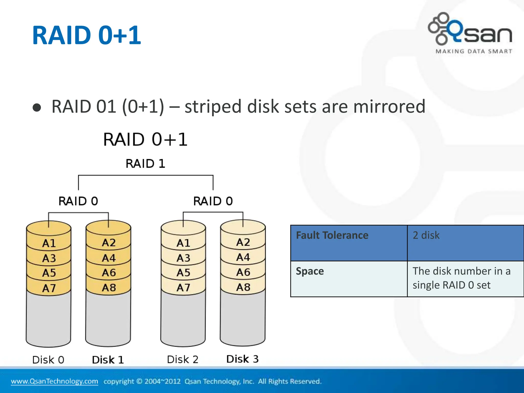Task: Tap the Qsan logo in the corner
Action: pyautogui.click(x=470, y=29)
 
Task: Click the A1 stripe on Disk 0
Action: pyautogui.click(x=49, y=243)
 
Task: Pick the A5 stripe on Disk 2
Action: pyautogui.click(x=183, y=273)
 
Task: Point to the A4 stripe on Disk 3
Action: pyautogui.click(x=243, y=257)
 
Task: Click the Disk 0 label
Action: pyautogui.click(x=48, y=360)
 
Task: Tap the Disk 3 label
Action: pyautogui.click(x=242, y=359)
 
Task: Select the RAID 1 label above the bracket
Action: pyautogui.click(x=145, y=163)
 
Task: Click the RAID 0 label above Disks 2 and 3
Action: pyautogui.click(x=213, y=201)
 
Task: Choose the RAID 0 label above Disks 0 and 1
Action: pyautogui.click(x=78, y=201)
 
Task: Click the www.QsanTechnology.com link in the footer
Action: pyautogui.click(x=54, y=381)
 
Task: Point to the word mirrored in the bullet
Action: pyautogui.click(x=389, y=106)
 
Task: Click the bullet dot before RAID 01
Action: pyautogui.click(x=37, y=108)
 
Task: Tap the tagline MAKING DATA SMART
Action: pyautogui.click(x=474, y=51)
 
